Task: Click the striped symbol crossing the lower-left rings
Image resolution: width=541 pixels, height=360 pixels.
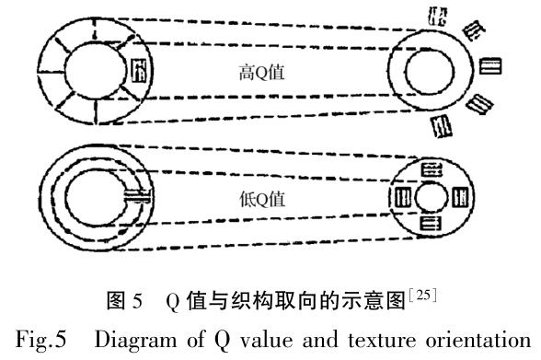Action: coord(137,194)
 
